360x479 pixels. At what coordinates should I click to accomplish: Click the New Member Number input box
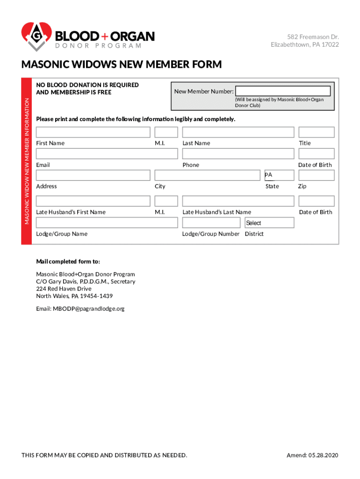point(283,91)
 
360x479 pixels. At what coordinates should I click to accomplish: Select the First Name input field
point(93,132)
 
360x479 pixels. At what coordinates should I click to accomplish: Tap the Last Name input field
point(238,132)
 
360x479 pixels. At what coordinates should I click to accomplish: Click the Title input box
point(317,132)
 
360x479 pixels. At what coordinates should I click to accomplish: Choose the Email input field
point(107,154)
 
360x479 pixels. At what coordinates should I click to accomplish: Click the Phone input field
point(238,154)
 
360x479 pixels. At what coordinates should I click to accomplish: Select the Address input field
point(93,175)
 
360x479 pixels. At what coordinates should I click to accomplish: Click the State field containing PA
point(279,175)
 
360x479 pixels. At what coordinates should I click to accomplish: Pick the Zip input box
point(317,175)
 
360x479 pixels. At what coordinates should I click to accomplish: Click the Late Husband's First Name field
point(93,201)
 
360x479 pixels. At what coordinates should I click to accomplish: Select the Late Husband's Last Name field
point(238,201)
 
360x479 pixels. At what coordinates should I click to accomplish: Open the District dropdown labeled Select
point(269,223)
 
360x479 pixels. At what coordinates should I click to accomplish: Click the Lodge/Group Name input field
point(107,223)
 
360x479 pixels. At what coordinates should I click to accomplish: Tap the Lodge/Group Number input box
point(211,223)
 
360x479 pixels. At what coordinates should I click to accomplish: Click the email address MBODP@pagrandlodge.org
point(89,309)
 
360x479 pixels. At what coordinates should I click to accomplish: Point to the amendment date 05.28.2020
point(324,456)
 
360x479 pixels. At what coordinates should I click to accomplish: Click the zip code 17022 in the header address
point(330,45)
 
